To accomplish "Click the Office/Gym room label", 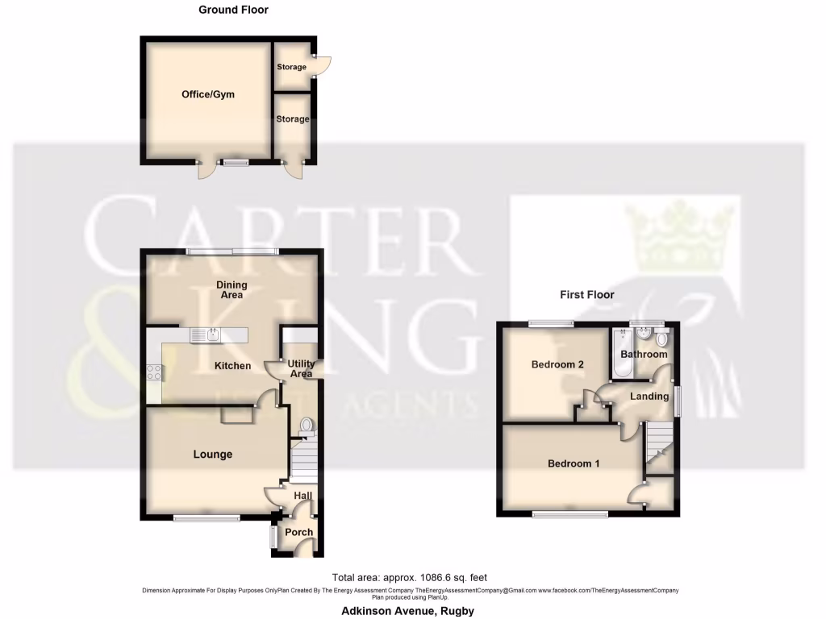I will (207, 94).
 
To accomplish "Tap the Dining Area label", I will (231, 290).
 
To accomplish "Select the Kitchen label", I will (232, 366).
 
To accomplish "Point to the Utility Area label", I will (300, 369).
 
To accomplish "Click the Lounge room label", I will (212, 455).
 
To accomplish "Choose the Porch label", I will (298, 532).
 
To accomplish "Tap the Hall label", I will (302, 496).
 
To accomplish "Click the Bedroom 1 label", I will (574, 463).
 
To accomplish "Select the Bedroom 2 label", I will (557, 364).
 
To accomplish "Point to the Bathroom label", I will (644, 355).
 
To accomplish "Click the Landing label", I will (649, 397).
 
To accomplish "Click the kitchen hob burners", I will (152, 372).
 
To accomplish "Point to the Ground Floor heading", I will (233, 10).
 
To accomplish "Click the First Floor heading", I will (587, 295).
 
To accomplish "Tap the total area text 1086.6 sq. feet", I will (409, 578).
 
